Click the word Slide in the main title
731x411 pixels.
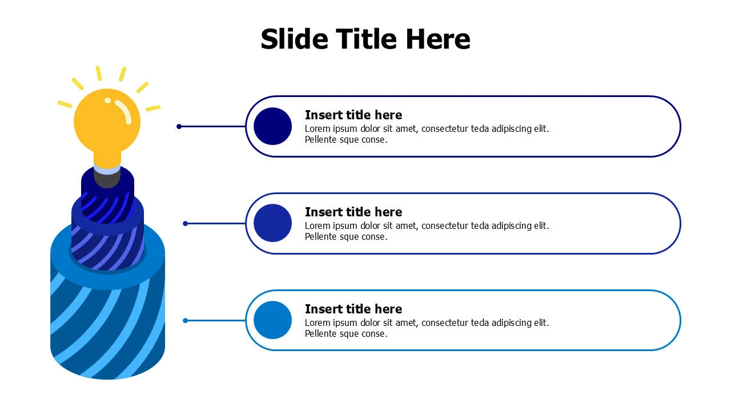coord(294,39)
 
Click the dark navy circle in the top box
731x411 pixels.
coord(272,126)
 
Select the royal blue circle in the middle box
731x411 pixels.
coord(272,223)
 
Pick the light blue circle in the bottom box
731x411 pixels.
coord(272,320)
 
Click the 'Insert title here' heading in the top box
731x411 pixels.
coord(354,115)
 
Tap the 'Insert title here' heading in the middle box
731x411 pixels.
coord(354,212)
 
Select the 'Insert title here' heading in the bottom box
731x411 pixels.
coord(354,309)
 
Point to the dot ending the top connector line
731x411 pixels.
coord(179,127)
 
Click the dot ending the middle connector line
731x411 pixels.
coord(186,223)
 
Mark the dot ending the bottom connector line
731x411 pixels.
coord(186,321)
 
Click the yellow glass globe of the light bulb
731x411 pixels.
coord(107,122)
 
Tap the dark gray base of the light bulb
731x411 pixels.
coord(107,180)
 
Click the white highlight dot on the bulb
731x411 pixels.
coord(107,101)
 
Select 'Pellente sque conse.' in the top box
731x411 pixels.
coord(346,140)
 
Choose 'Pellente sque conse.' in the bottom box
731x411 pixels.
coord(346,334)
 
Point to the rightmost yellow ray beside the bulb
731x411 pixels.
coord(153,108)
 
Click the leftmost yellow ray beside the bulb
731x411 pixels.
coord(65,104)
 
